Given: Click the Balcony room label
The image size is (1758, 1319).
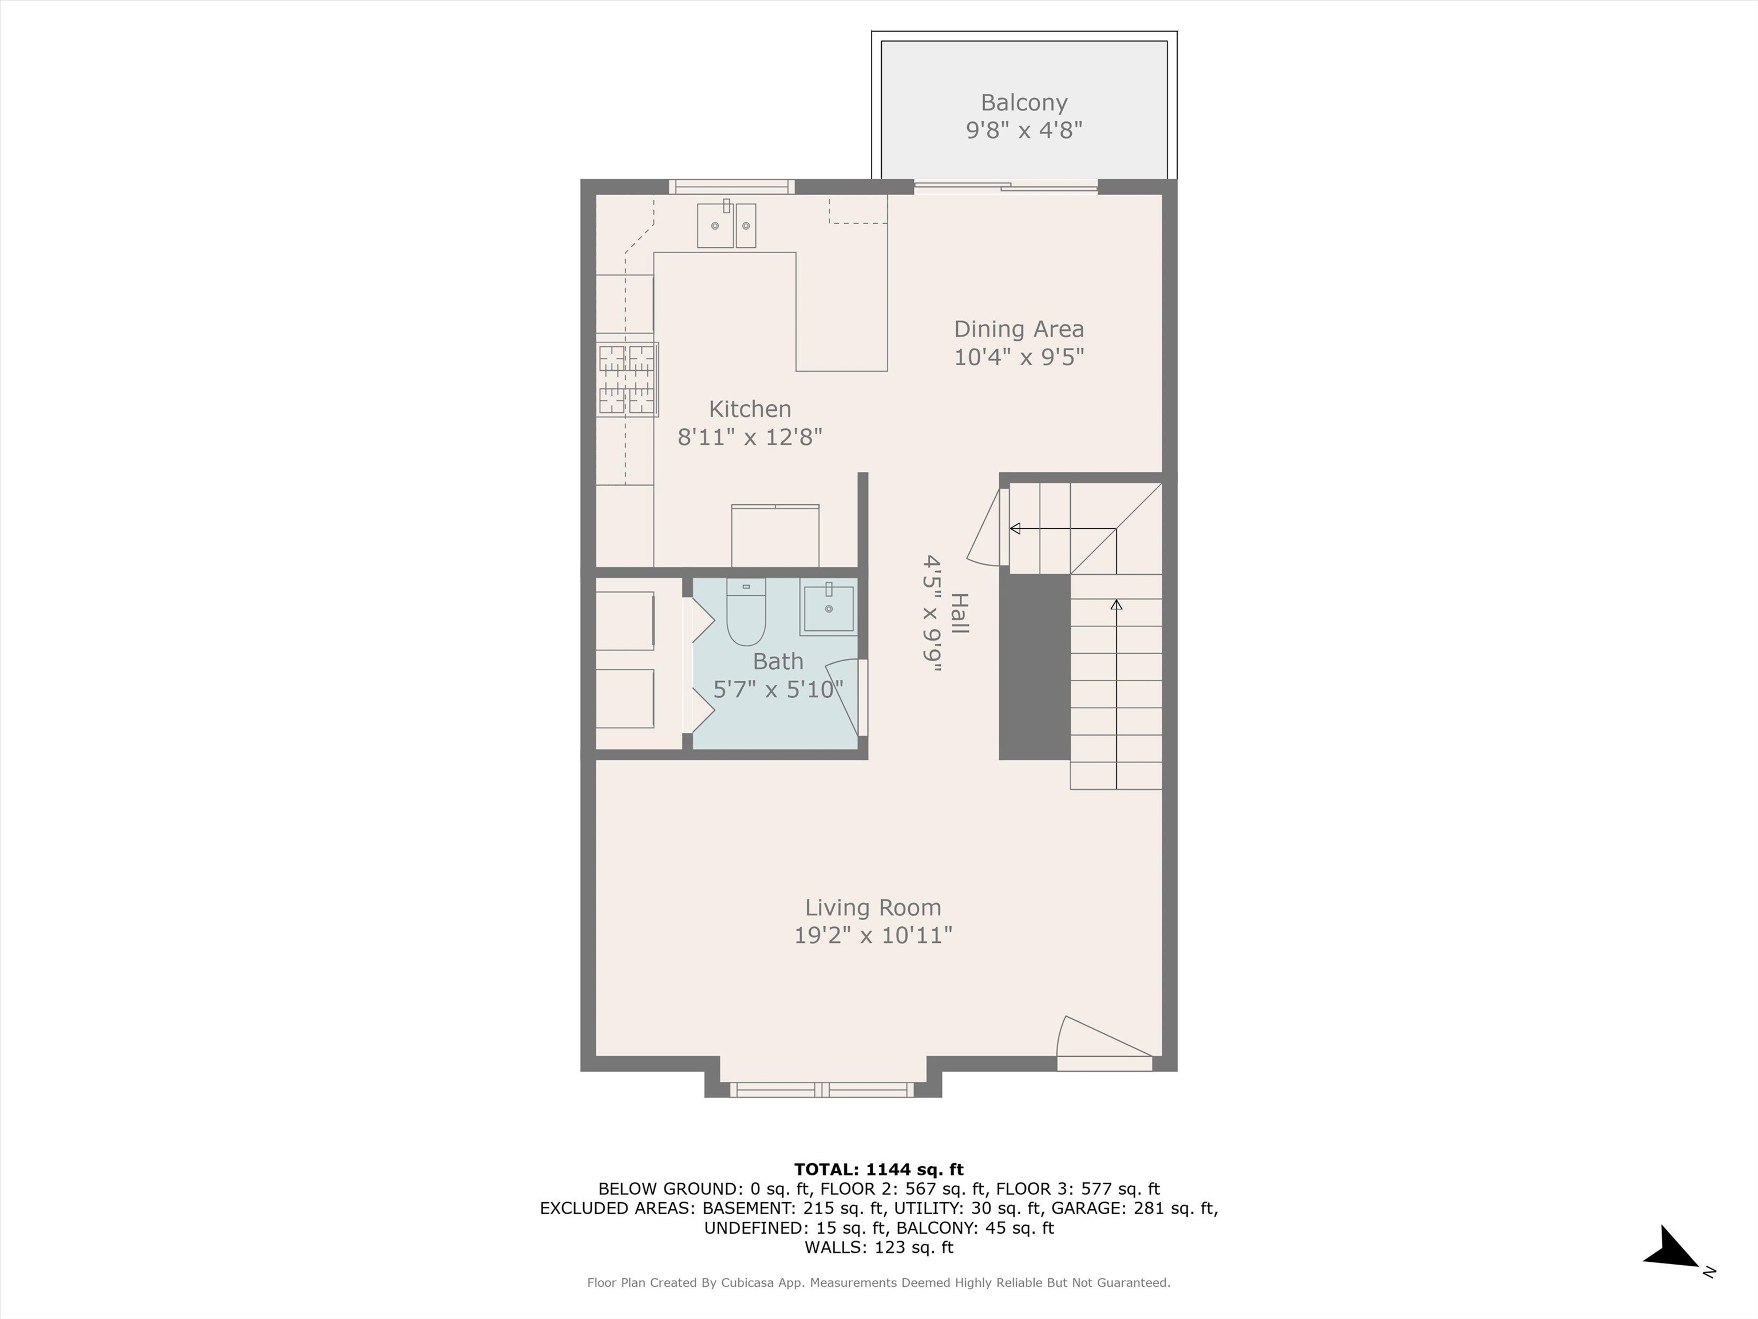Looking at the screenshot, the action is [1024, 102].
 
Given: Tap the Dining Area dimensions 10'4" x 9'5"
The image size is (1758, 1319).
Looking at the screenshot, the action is [1019, 357].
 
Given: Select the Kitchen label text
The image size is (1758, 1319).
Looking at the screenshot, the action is [750, 409].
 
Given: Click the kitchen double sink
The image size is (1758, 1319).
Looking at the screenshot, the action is [726, 225].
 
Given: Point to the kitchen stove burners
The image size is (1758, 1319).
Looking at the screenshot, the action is [627, 379].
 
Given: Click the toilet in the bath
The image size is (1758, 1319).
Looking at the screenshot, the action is [746, 611].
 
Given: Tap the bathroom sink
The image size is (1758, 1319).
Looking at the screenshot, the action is [828, 609].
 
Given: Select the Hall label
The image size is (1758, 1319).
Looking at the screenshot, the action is [959, 613].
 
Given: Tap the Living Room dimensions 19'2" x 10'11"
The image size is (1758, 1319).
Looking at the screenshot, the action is [873, 935].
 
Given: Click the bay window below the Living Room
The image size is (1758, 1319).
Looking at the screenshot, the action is [822, 1090].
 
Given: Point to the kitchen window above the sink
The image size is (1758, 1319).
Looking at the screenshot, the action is [731, 187].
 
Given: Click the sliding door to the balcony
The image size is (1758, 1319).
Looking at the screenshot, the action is [1005, 187].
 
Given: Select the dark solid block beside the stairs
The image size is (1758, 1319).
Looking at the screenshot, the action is [1034, 666].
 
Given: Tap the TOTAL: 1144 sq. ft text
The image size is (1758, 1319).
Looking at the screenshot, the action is [878, 1170].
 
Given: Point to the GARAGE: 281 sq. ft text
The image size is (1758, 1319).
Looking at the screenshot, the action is [1134, 1209].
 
